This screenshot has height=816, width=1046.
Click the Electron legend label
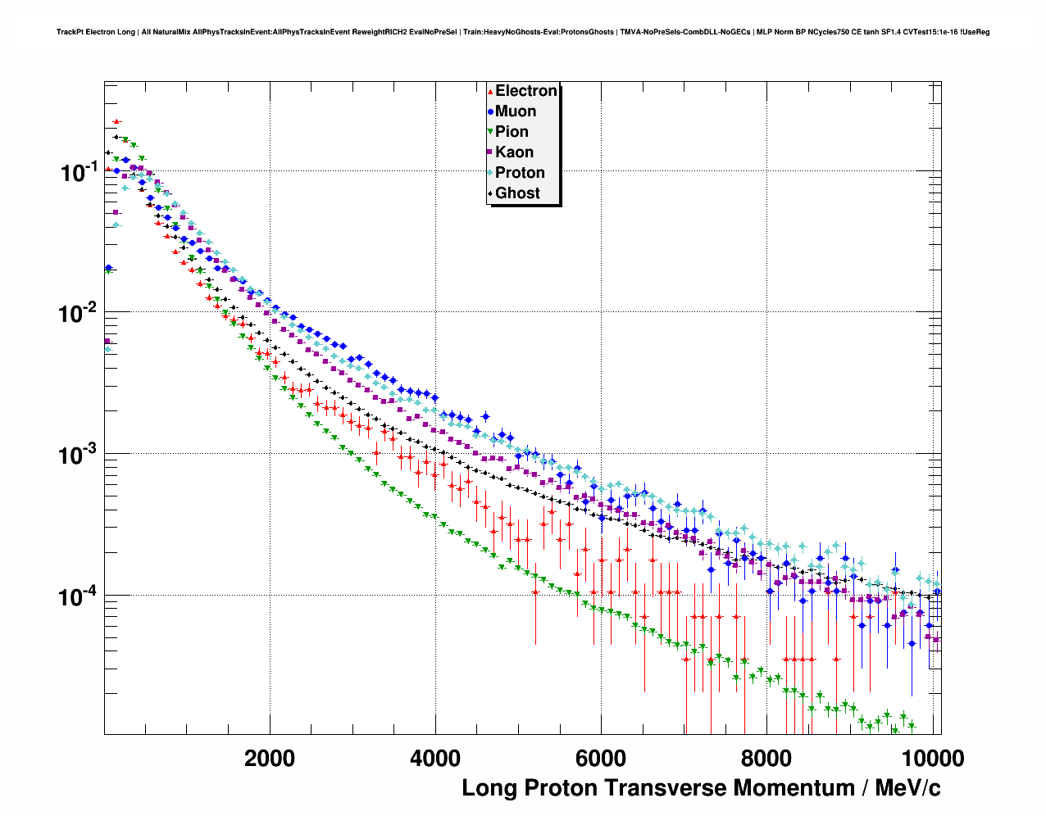(526, 91)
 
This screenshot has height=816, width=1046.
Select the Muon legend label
(516, 111)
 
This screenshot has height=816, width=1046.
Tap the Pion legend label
(512, 132)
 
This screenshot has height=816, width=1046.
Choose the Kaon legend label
(514, 152)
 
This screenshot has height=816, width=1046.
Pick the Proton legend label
(520, 173)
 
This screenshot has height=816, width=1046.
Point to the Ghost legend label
(517, 193)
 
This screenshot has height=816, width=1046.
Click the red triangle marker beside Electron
(490, 92)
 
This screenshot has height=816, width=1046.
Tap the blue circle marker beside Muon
(490, 112)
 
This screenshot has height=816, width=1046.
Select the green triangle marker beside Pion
(490, 132)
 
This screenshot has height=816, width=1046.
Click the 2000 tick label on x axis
(270, 759)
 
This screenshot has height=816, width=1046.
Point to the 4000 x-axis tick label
(435, 759)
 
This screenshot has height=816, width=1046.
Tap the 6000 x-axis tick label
(601, 759)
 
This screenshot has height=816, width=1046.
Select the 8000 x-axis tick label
(766, 759)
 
